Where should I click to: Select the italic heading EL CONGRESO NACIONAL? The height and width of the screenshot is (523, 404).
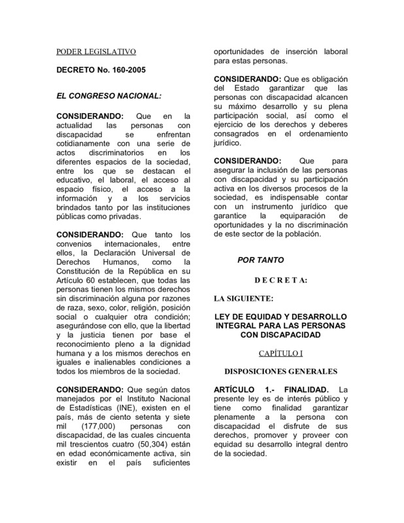[109, 96]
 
